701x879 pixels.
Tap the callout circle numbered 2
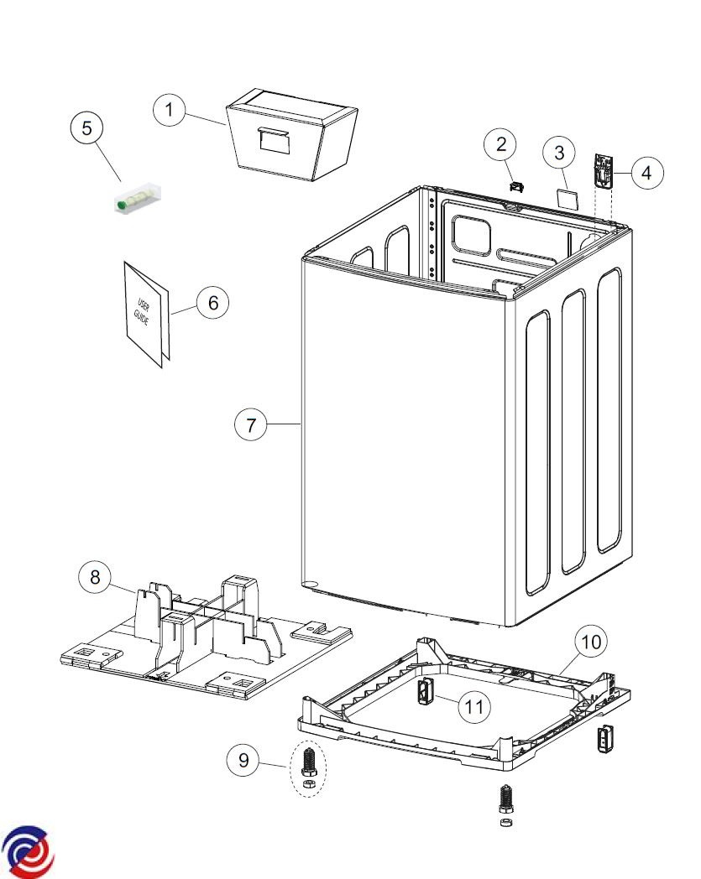click(501, 145)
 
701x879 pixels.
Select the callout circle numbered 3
click(559, 153)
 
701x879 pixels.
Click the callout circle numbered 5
click(86, 129)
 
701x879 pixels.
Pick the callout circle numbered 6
click(212, 303)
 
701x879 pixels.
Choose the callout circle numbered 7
click(250, 425)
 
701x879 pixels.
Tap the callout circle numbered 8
click(95, 577)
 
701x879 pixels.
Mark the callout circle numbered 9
click(243, 761)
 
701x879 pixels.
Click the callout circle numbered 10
click(591, 642)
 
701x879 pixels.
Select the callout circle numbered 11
click(474, 707)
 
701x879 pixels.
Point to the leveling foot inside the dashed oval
click(306, 765)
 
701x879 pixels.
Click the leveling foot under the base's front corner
click(506, 800)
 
